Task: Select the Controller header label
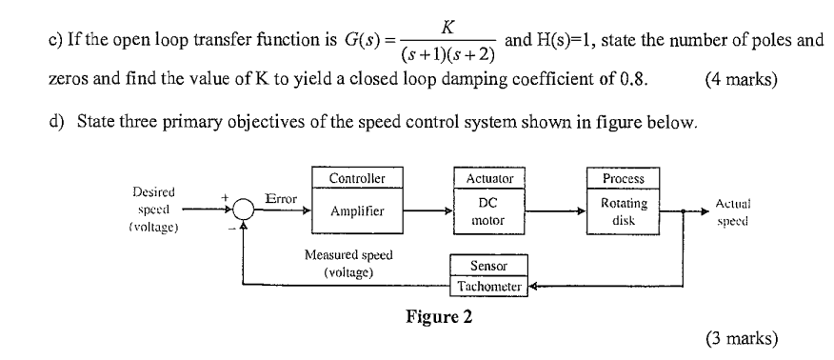[357, 179]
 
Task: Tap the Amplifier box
[357, 213]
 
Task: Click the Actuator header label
[489, 179]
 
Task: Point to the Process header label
[624, 179]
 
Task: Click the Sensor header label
[487, 266]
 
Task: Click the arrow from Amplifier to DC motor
[426, 213]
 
